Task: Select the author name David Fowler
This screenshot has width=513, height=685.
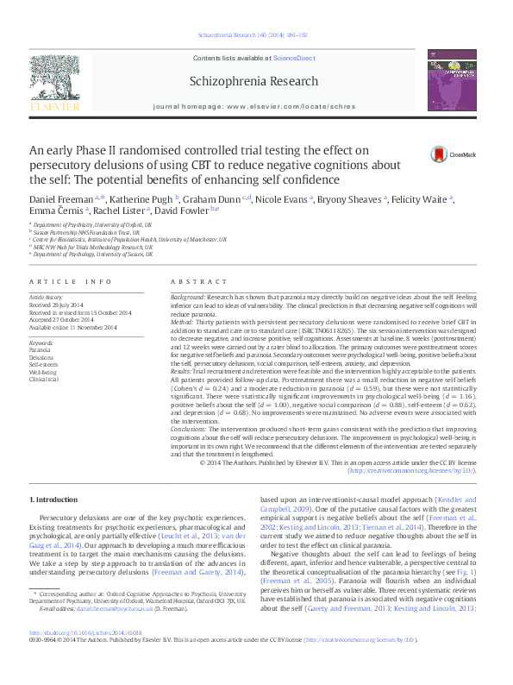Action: tap(184, 211)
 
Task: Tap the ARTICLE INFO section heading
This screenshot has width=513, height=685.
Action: tap(70, 282)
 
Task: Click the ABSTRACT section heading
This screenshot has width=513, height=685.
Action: tap(192, 282)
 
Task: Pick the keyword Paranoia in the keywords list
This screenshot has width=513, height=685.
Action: tap(40, 351)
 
